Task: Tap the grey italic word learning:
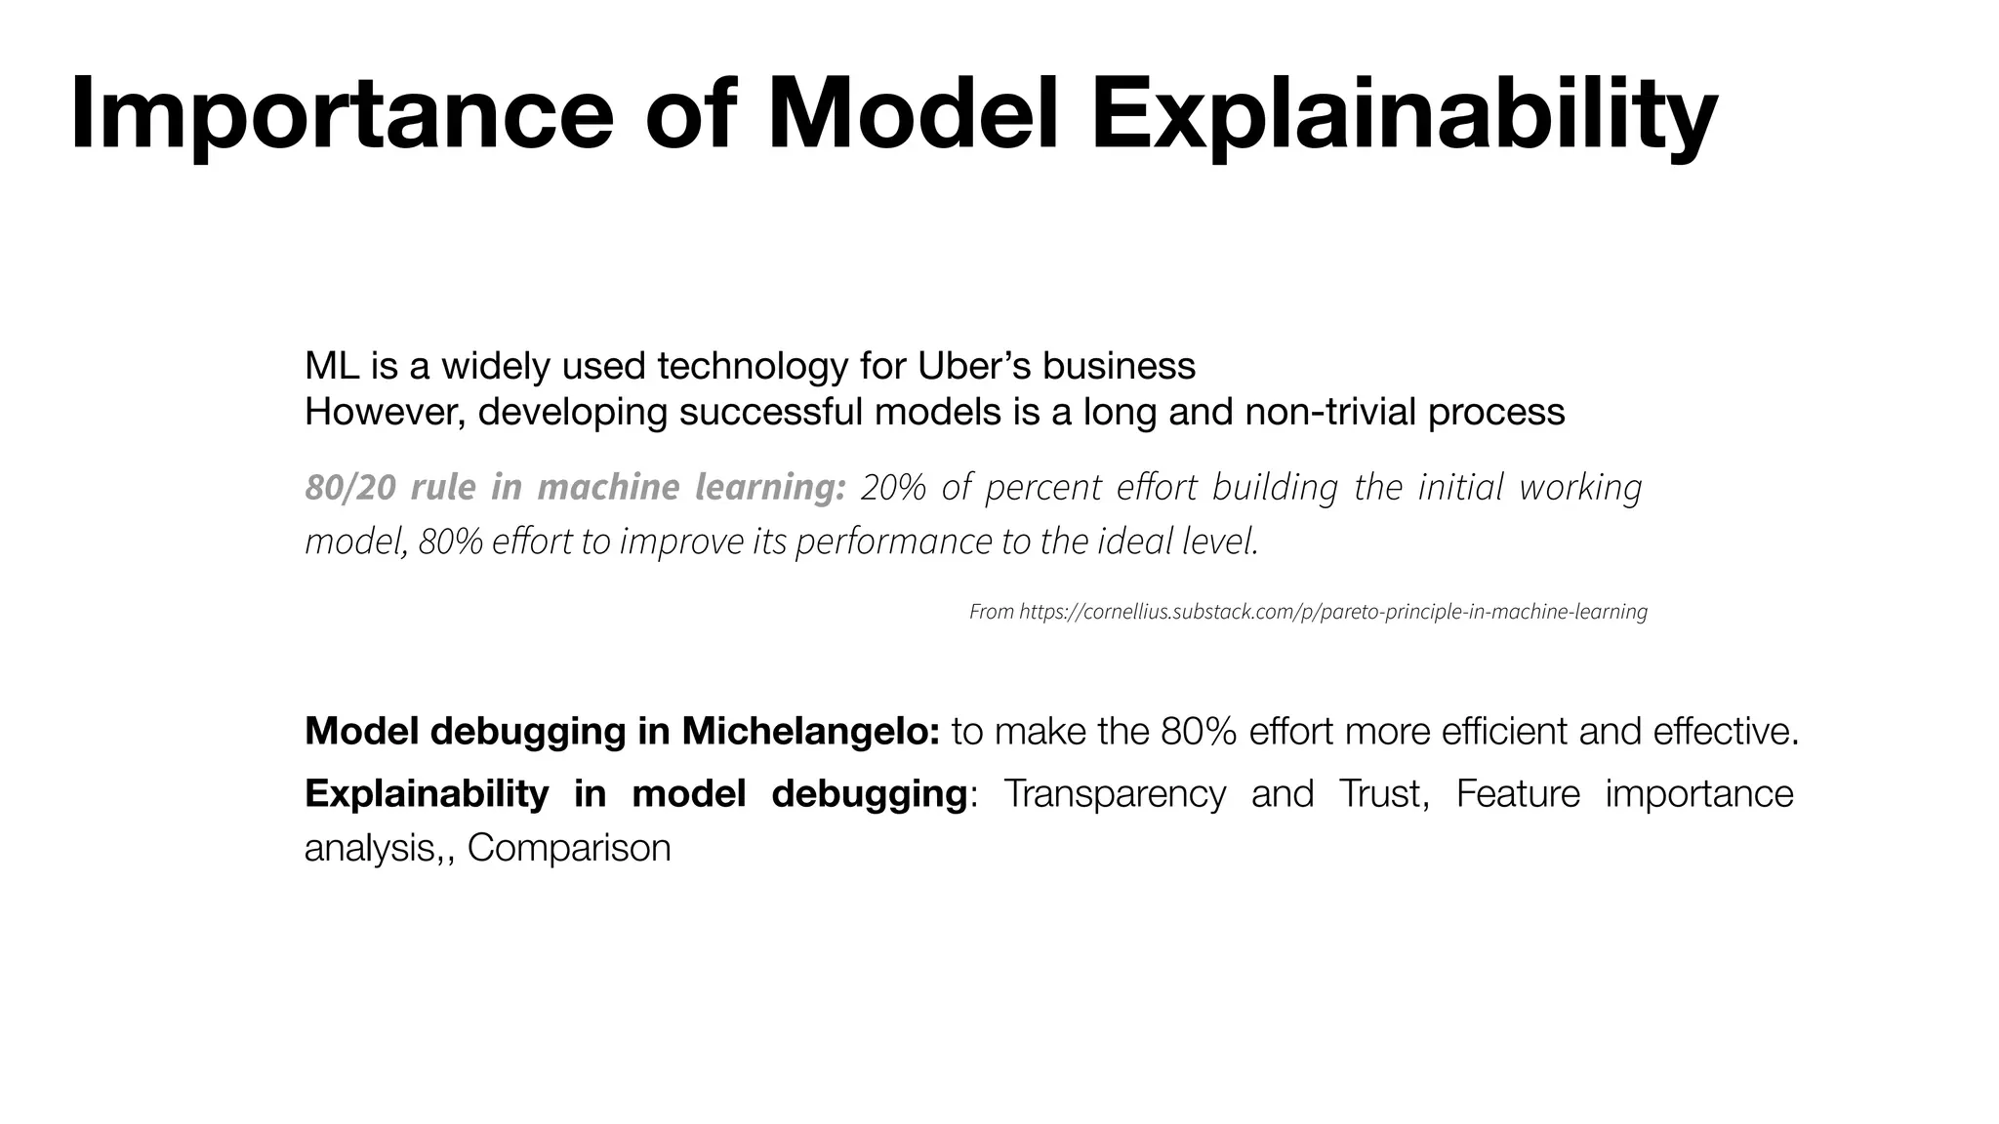(x=770, y=486)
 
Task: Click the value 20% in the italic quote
(x=893, y=486)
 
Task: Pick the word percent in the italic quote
(x=1043, y=486)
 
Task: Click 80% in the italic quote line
(x=450, y=541)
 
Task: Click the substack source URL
(x=1333, y=612)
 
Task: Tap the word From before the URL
(x=991, y=612)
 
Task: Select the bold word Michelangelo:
(x=810, y=731)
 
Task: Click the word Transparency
(x=1114, y=793)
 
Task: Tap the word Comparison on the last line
(x=569, y=847)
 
